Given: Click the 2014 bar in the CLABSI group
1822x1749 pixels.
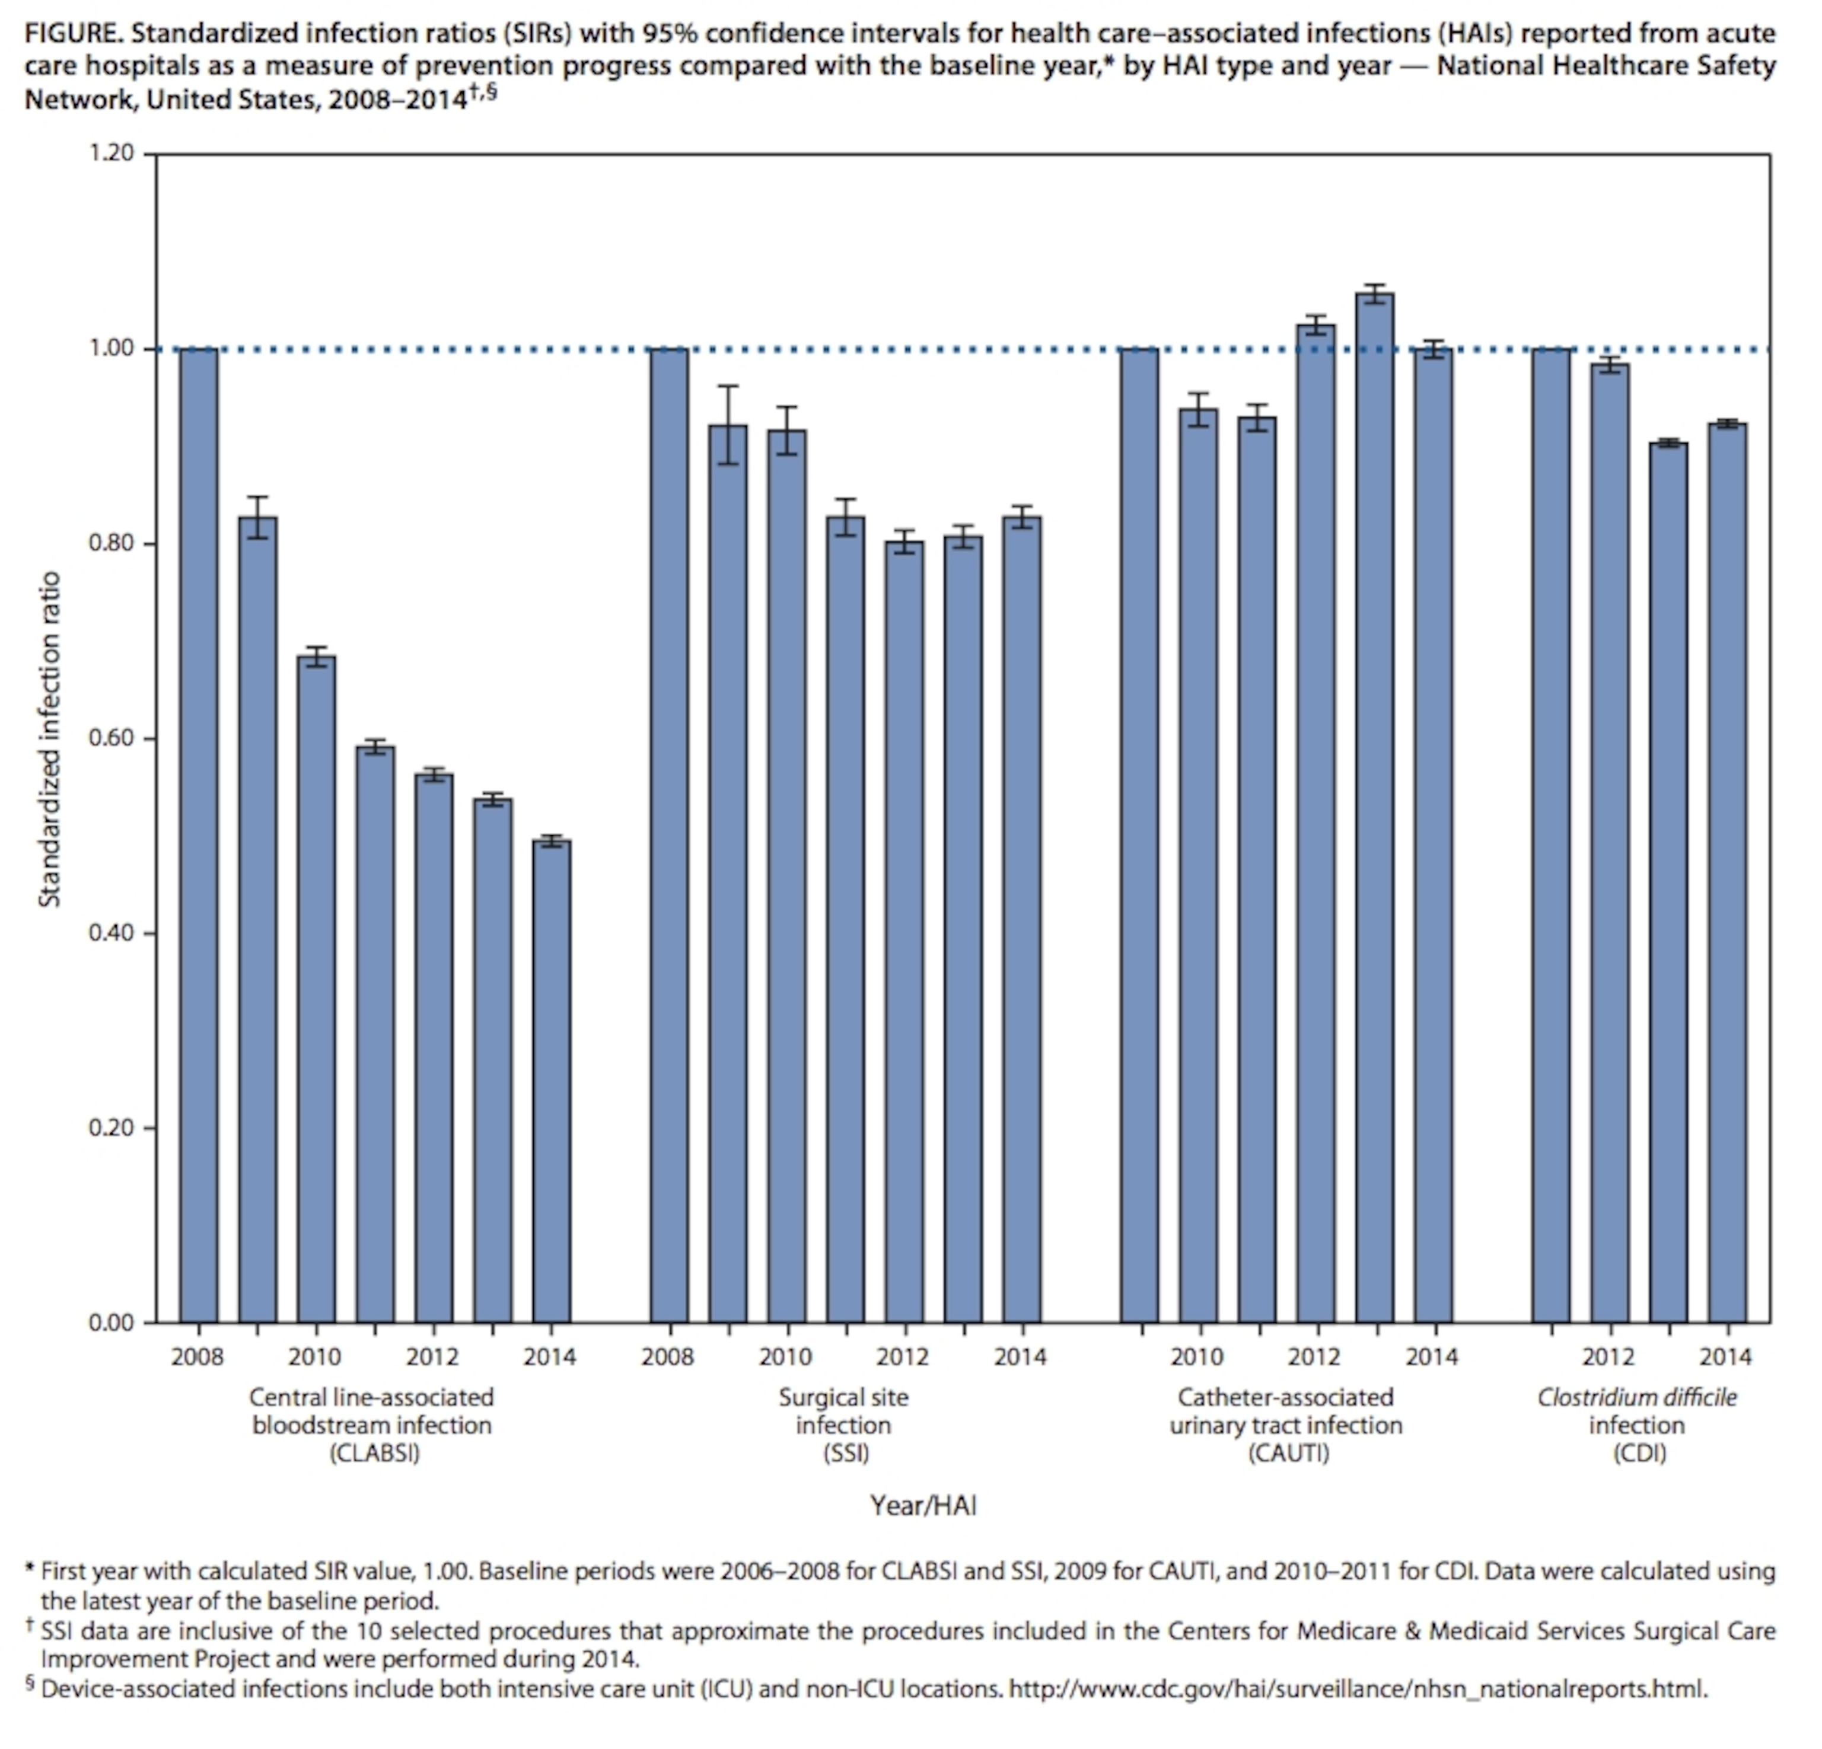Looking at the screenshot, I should [551, 1078].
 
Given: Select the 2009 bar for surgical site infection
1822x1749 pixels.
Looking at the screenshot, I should [727, 874].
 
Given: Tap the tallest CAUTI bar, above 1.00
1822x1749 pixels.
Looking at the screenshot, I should [1374, 808].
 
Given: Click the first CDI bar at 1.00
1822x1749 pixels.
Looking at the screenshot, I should [1550, 836].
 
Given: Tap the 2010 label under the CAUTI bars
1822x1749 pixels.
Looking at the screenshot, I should [1196, 1357].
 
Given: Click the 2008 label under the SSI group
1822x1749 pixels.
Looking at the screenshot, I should [667, 1357].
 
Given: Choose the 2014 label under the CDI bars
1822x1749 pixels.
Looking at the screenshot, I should [1725, 1357].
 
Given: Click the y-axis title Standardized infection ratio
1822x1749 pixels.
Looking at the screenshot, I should [49, 739].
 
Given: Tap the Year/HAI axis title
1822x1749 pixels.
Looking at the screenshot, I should [923, 1505].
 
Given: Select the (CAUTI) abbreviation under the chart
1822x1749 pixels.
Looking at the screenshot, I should [1288, 1452].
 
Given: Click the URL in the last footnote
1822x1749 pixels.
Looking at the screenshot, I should [1357, 1689].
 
